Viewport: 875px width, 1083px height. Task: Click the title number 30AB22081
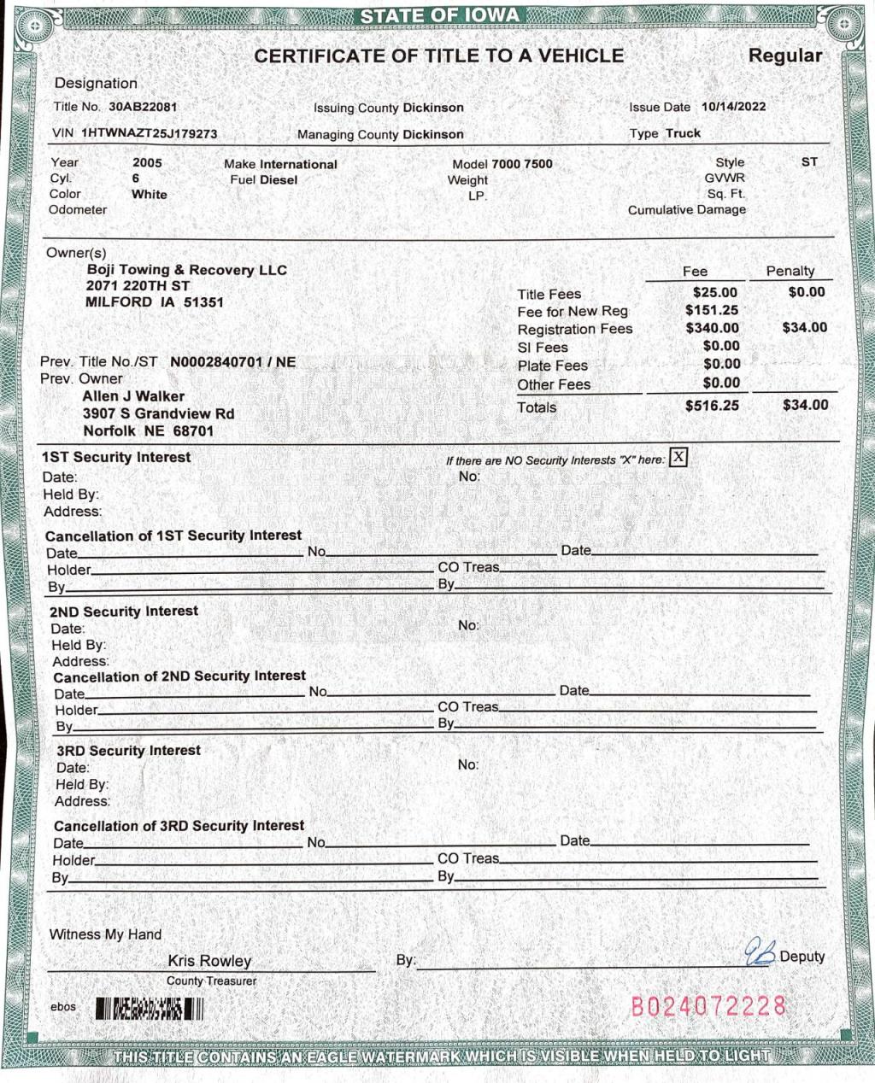(143, 107)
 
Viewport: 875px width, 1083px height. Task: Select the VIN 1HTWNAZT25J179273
(150, 134)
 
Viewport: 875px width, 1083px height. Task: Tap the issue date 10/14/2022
(733, 107)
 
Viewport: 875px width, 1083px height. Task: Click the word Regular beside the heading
(784, 56)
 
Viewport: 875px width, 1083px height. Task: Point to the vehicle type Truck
(683, 133)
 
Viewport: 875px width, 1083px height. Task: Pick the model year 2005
(147, 162)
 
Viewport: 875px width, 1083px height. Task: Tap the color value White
(150, 195)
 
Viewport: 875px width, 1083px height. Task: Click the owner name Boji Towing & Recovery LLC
(187, 270)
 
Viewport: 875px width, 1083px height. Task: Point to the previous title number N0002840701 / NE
(232, 362)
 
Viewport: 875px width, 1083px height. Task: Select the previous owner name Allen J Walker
(133, 396)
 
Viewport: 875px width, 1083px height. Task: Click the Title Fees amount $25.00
(714, 292)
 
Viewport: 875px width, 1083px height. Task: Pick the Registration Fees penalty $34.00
(804, 327)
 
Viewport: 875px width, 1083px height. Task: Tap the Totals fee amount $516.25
(712, 406)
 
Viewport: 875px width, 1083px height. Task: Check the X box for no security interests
(678, 457)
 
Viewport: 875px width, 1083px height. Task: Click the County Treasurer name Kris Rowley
(209, 961)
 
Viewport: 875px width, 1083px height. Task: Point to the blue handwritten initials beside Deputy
(759, 952)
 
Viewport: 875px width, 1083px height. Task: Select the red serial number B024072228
(708, 1006)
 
